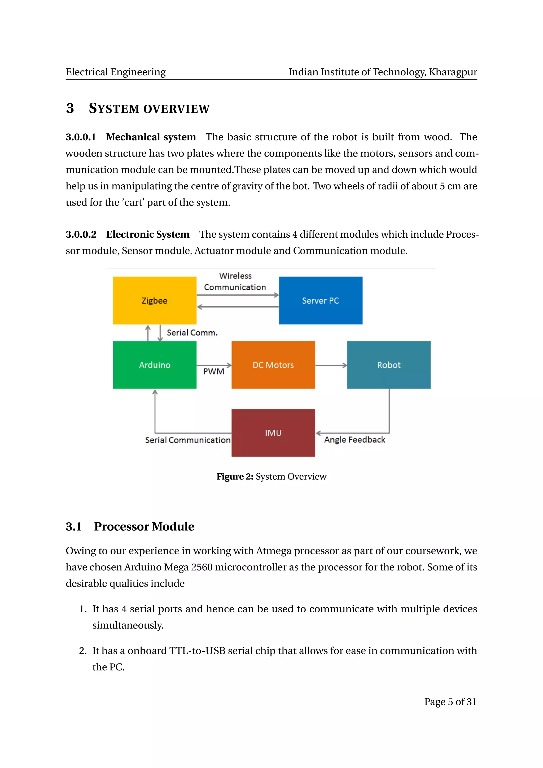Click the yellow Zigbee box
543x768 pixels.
pos(155,300)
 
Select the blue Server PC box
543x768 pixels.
pos(320,300)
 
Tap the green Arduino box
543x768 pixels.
pos(155,365)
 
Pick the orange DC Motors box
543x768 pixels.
pos(273,365)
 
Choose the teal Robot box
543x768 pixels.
pos(388,365)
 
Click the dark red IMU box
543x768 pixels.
pos(273,433)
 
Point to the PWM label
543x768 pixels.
pos(214,371)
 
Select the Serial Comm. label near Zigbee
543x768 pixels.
pos(192,333)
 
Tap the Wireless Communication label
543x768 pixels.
pos(235,281)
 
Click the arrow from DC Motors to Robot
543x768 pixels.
pos(331,365)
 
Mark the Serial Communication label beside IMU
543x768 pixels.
pos(187,440)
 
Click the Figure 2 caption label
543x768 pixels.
pos(271,476)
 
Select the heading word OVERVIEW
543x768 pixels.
pos(177,109)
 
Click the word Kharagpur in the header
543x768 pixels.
pos(453,72)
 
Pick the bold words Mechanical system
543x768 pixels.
pos(151,137)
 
